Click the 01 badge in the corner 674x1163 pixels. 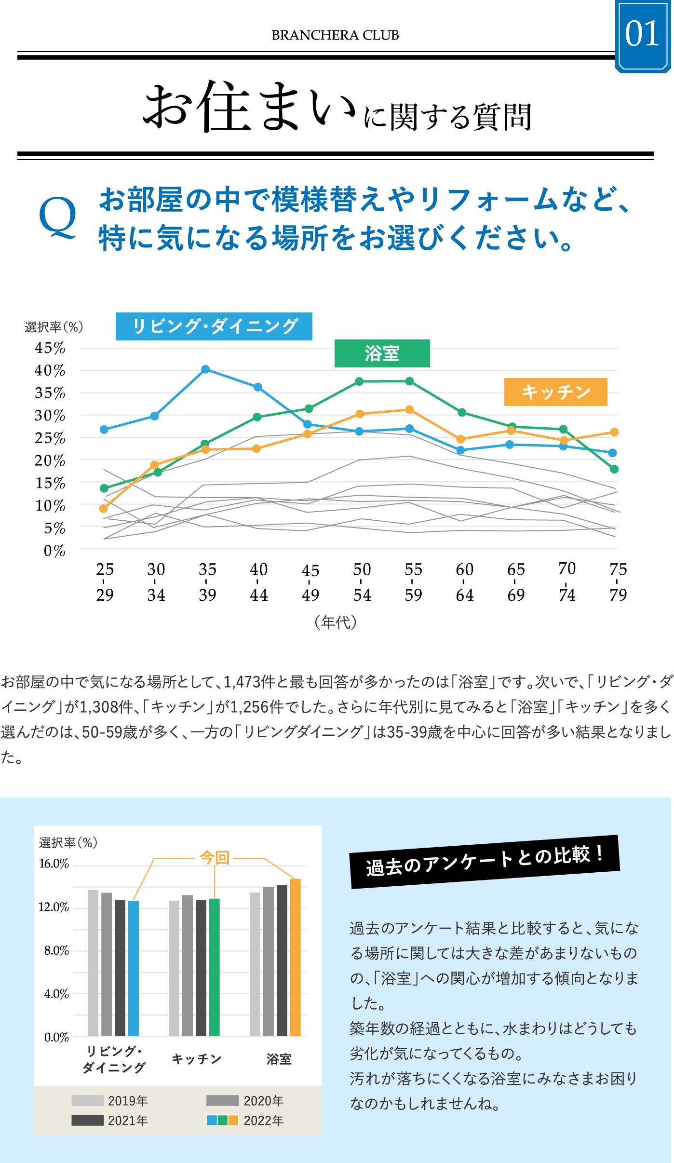pos(642,35)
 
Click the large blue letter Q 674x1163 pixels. pos(57,218)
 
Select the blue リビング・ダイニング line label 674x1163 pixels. pos(214,326)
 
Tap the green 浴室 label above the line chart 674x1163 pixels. pos(382,353)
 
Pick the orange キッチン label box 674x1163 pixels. pos(555,392)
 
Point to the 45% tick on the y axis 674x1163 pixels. pos(50,348)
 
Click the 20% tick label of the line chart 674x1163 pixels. pos(50,461)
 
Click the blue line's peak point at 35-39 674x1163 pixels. pos(205,369)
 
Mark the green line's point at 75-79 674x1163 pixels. pos(614,469)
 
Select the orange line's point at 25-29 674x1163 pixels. pos(104,508)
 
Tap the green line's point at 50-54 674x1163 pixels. pos(359,381)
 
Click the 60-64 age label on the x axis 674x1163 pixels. pos(464,582)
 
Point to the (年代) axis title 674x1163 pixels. pos(336,622)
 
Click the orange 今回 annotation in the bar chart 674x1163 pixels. pos(215,858)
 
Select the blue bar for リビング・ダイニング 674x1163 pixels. pos(134,968)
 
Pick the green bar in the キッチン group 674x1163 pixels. pos(215,967)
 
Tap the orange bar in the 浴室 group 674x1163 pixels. pos(295,957)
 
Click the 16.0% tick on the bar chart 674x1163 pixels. pos(54,864)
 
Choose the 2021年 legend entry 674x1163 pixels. pos(110,1120)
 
